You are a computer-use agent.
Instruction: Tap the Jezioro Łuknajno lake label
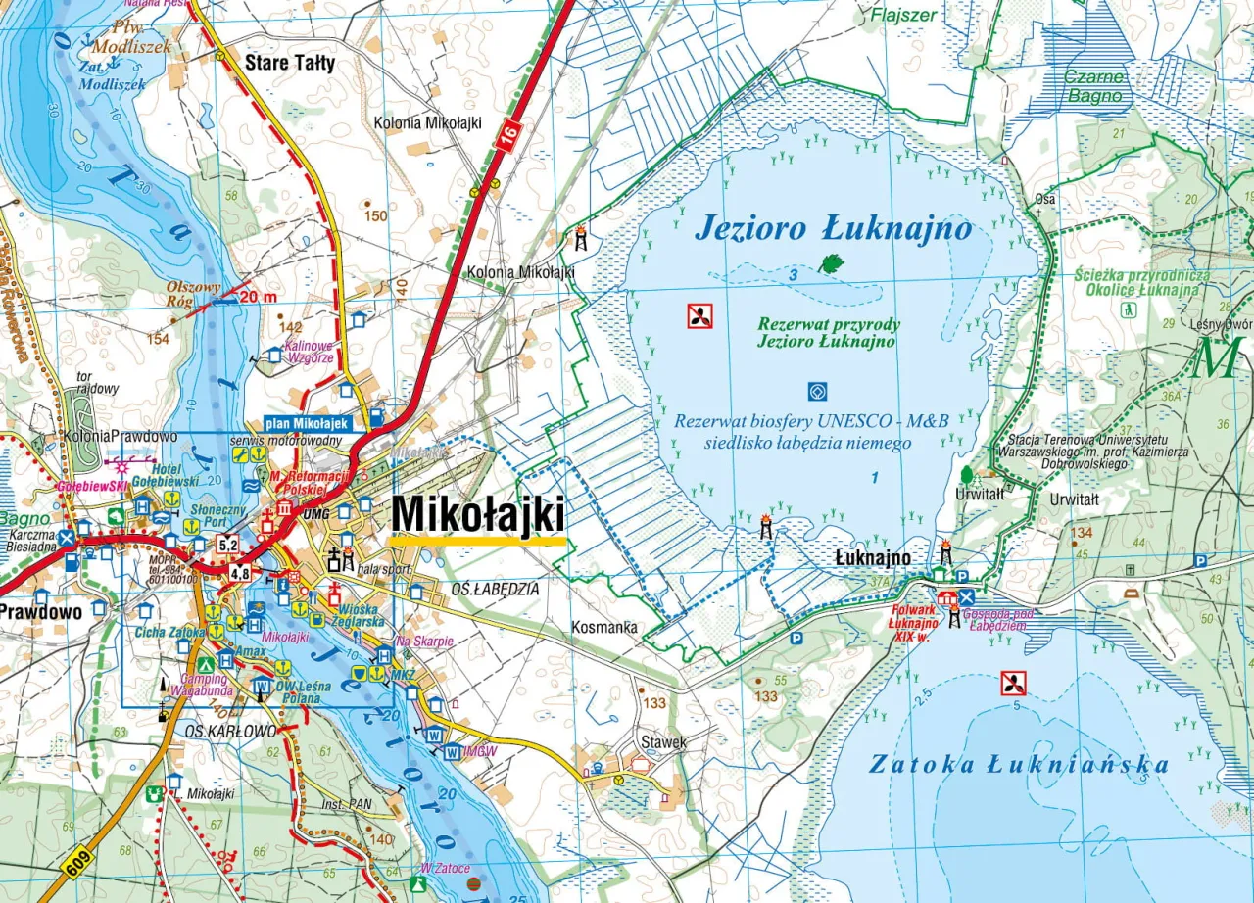(833, 229)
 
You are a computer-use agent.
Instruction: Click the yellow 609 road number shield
(78, 863)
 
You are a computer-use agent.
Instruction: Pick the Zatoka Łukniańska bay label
(1019, 765)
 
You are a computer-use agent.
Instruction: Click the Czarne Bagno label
(1095, 86)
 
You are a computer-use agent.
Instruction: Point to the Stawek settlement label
(663, 742)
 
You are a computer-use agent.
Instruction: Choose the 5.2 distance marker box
(228, 545)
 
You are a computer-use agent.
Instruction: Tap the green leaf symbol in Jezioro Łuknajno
(831, 262)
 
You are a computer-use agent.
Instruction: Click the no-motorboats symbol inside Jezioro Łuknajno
(699, 315)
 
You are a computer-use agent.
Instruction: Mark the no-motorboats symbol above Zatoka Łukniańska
(1013, 683)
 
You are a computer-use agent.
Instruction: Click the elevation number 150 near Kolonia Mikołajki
(375, 215)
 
